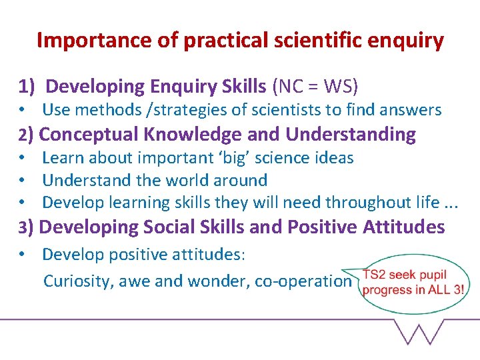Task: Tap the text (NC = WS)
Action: click(x=314, y=87)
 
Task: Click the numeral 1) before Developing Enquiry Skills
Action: click(x=27, y=87)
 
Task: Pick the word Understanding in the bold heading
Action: click(x=351, y=135)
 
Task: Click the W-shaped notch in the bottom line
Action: click(x=418, y=331)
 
